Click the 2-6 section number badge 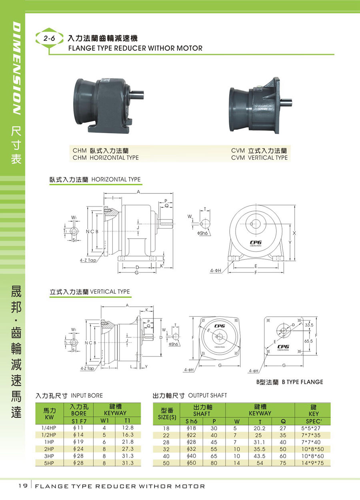coord(49,38)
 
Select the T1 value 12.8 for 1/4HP coord(128,427)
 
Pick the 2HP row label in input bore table coord(49,449)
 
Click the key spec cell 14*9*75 coord(312,463)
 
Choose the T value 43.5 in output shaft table coord(260,456)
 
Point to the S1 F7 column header coord(79,421)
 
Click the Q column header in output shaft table coord(283,421)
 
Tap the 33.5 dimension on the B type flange coord(309,325)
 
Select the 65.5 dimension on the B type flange coord(309,341)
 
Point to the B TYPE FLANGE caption coord(302,382)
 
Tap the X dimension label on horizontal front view coord(294,233)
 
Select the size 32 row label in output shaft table coord(166,449)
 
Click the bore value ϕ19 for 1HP coord(78,442)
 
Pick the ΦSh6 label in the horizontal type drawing coord(202,233)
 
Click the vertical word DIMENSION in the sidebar coord(17,68)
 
